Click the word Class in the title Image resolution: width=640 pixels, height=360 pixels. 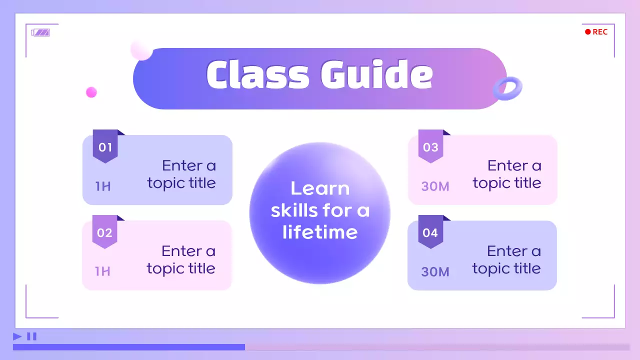257,75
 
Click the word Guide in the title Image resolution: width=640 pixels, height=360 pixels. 376,75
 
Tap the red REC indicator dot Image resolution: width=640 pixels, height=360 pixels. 588,32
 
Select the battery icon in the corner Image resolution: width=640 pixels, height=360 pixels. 40,32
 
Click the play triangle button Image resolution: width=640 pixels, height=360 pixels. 17,336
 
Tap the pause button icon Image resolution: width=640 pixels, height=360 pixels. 31,336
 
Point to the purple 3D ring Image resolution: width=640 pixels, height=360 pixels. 507,89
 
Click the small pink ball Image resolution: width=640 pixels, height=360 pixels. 91,92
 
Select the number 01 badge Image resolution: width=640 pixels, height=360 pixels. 105,147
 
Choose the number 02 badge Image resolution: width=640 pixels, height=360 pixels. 104,232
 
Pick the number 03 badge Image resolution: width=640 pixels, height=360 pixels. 430,147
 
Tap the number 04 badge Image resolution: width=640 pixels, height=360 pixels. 430,232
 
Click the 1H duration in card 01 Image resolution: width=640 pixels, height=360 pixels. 103,186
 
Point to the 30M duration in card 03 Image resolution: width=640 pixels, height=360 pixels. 435,186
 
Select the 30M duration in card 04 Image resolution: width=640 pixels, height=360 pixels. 435,272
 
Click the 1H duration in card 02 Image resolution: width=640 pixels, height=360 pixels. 102,271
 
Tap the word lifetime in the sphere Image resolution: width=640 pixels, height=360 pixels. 320,232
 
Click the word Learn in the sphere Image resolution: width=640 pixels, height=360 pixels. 320,188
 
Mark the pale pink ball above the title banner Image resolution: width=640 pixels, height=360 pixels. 141,49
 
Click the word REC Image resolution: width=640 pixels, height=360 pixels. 600,32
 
